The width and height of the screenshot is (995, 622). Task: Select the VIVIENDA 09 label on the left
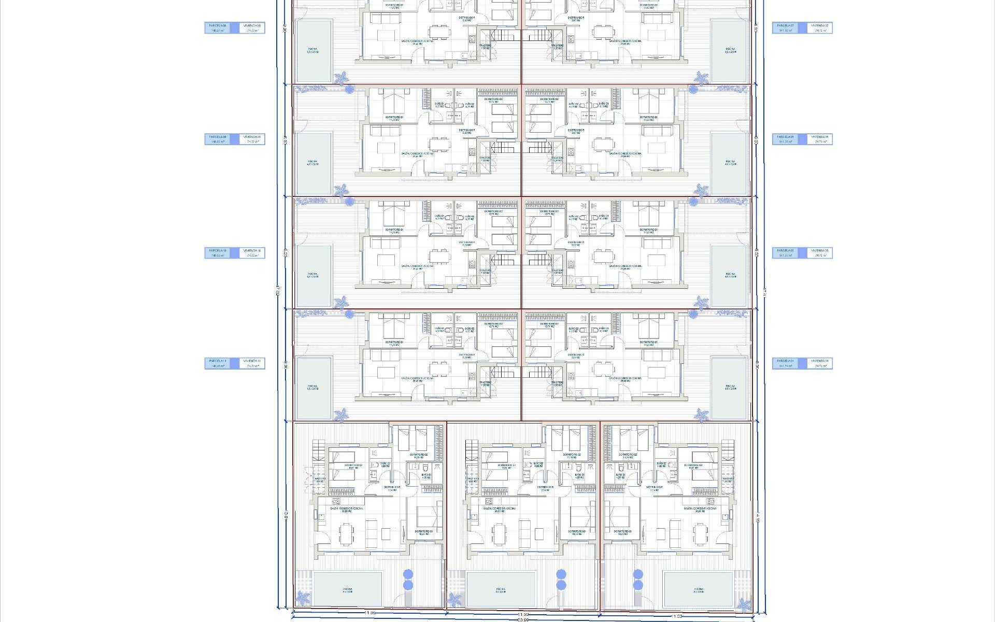(x=253, y=139)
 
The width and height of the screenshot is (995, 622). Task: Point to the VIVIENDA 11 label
(x=253, y=363)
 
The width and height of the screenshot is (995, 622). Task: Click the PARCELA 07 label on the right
(x=787, y=27)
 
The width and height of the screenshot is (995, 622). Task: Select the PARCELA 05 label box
(x=787, y=253)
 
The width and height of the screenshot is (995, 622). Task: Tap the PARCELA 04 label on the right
(x=787, y=363)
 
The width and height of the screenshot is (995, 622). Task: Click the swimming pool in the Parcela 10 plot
(x=313, y=275)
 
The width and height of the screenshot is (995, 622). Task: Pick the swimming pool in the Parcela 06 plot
(x=730, y=163)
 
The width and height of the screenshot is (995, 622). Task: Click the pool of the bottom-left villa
(x=348, y=589)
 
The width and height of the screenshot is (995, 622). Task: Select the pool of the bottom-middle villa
(x=501, y=589)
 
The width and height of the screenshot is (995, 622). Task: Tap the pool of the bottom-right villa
(x=698, y=589)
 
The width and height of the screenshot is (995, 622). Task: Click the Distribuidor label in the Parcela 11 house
(x=467, y=356)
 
